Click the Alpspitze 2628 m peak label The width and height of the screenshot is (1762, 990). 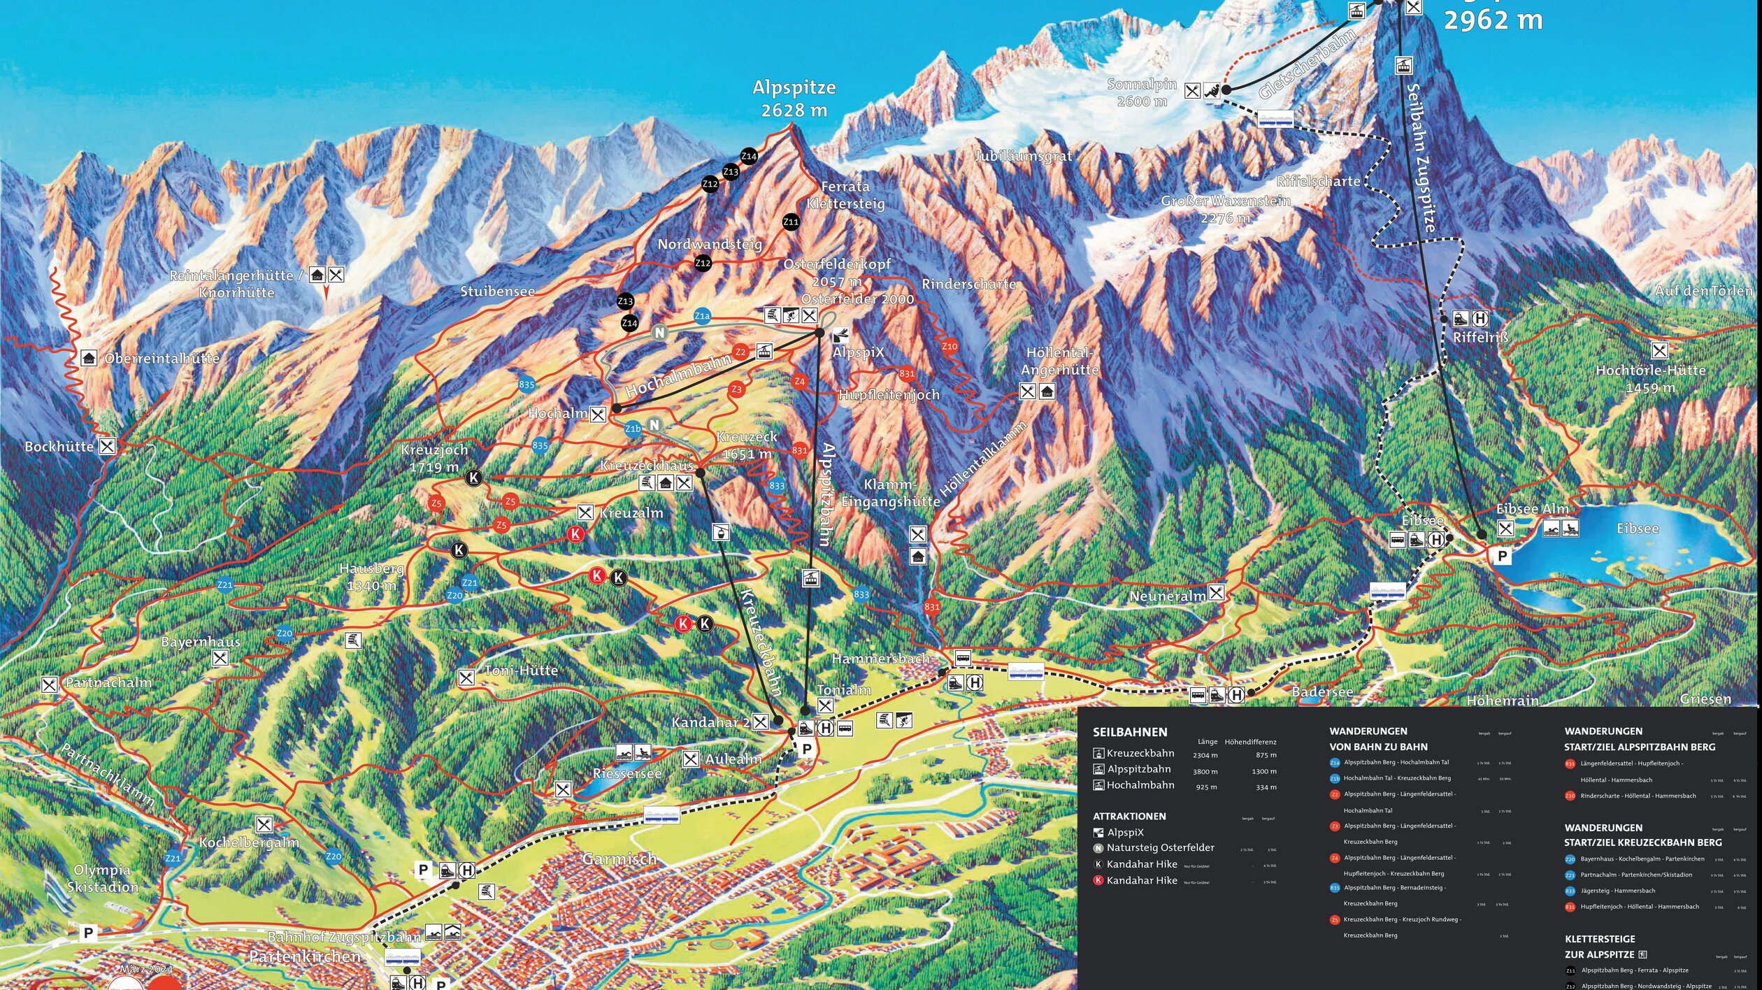point(794,99)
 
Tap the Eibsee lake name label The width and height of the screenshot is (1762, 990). point(1638,529)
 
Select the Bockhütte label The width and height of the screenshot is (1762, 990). point(59,446)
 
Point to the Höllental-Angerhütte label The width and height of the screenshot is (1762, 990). point(1059,361)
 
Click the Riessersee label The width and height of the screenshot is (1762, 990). point(626,773)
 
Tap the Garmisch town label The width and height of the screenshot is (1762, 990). point(619,859)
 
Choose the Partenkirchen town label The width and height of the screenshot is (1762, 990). point(305,956)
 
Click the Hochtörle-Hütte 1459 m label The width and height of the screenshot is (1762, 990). point(1650,378)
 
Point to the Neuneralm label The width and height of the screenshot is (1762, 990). point(1168,596)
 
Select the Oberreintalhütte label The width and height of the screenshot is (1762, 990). point(162,358)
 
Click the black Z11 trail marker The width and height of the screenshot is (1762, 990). point(791,222)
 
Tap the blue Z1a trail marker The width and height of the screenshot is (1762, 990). point(702,316)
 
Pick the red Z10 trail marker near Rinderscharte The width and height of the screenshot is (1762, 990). point(950,346)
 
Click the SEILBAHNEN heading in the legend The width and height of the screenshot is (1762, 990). point(1130,732)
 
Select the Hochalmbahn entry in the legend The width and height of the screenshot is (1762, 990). point(1140,785)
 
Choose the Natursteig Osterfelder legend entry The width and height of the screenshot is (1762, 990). point(1160,847)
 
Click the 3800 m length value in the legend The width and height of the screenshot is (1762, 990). point(1205,771)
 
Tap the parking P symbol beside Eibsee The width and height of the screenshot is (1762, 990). point(1501,556)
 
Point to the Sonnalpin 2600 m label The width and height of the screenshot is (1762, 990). point(1142,92)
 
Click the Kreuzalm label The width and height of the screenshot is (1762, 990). point(631,512)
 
